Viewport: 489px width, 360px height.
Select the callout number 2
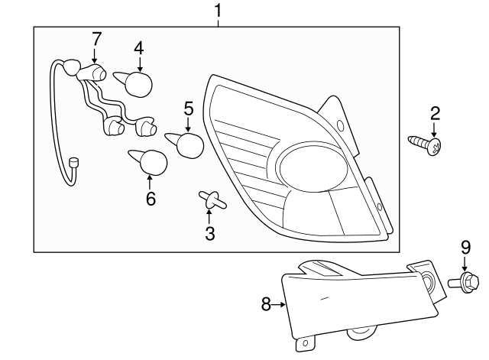tap(435, 114)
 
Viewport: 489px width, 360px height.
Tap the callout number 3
tap(209, 234)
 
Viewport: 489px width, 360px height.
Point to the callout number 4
tap(138, 47)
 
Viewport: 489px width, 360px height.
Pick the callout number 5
tap(188, 109)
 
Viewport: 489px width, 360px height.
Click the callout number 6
tap(150, 199)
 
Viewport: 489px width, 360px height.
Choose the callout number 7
tap(96, 38)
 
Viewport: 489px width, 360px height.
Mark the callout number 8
tap(266, 304)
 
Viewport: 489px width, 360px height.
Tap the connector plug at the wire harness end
tap(74, 163)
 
